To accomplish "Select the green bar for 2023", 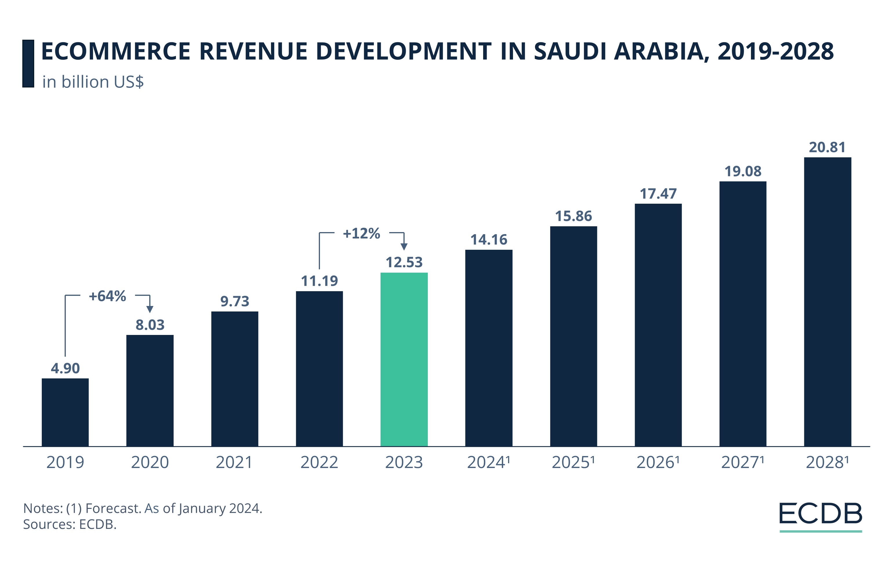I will [x=404, y=359].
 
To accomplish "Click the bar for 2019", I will [x=65, y=412].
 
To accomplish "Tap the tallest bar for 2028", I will [x=827, y=302].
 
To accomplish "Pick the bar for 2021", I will [x=234, y=379].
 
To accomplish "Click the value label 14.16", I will [x=489, y=240].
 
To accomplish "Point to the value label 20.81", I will [x=827, y=147].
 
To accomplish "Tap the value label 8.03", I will [x=150, y=325].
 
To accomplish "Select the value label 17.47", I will [x=658, y=194].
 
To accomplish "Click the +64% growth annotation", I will [x=108, y=296].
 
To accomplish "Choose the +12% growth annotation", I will [x=361, y=234].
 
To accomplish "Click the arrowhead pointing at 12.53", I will [x=404, y=247].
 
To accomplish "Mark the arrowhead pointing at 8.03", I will [x=150, y=309].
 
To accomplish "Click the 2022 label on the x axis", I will [x=319, y=462].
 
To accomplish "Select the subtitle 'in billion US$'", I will [x=93, y=82].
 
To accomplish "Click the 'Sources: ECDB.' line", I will [x=70, y=524].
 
